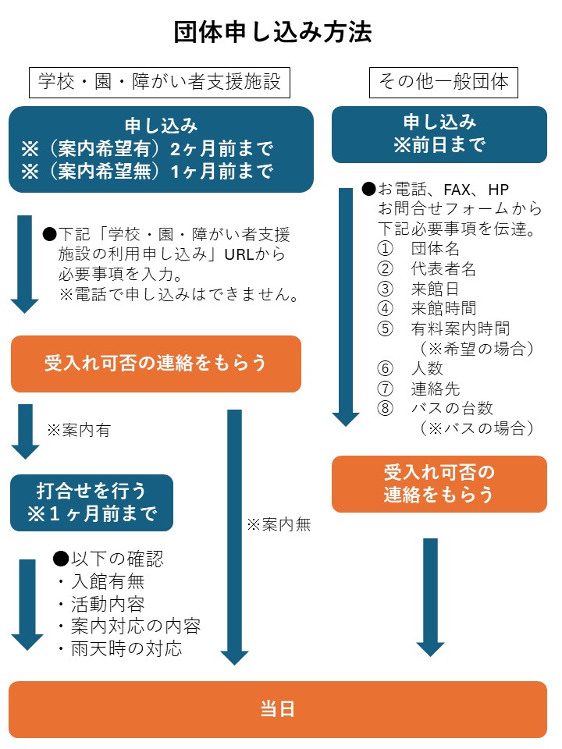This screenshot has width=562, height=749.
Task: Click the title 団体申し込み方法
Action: click(272, 32)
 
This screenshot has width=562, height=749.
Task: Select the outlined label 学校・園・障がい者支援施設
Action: click(155, 81)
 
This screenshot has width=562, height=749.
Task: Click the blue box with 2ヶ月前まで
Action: click(161, 149)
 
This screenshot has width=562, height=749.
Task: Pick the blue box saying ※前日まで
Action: click(439, 133)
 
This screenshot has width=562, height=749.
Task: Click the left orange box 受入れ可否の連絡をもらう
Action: click(155, 364)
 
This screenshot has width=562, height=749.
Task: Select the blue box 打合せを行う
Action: click(91, 502)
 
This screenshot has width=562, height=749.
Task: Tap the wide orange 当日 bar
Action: click(277, 709)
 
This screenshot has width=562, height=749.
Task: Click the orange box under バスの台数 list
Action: click(439, 484)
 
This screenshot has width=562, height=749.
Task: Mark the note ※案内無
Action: click(279, 525)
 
